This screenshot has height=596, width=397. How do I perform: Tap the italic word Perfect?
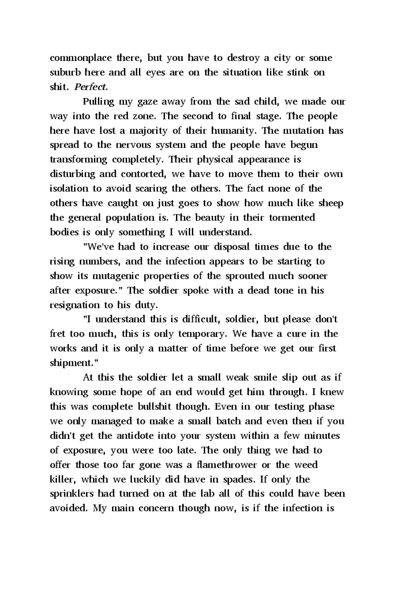click(91, 87)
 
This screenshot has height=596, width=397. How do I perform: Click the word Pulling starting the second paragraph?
click(98, 102)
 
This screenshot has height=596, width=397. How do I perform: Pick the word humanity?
click(234, 131)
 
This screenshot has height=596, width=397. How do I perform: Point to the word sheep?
click(331, 203)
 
